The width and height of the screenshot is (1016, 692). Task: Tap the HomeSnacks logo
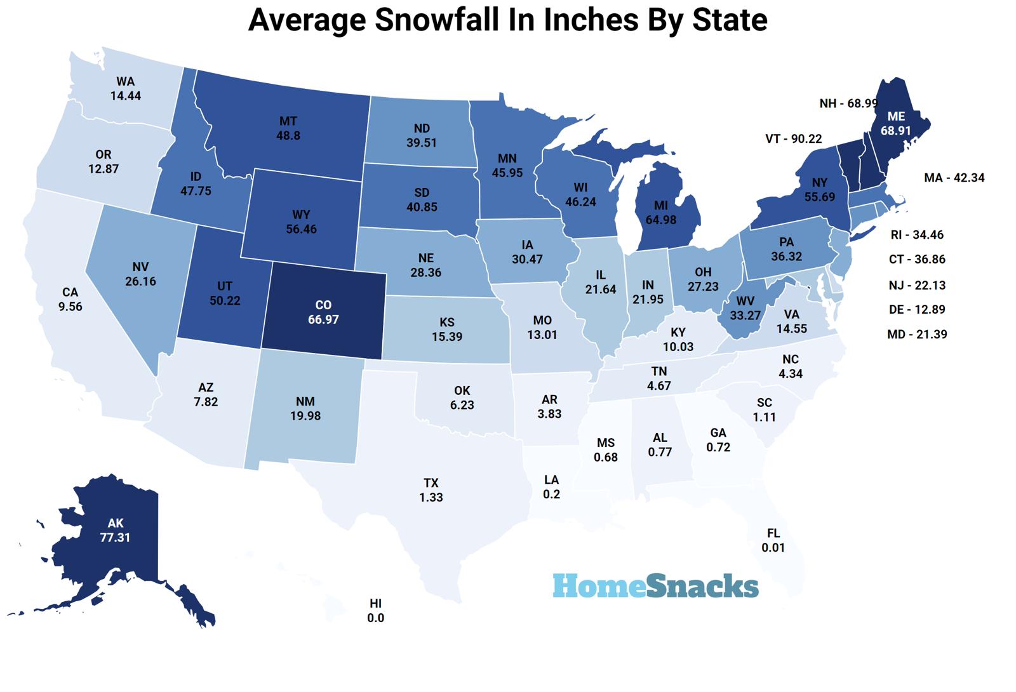pos(655,585)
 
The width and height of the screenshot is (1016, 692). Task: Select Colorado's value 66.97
pos(323,319)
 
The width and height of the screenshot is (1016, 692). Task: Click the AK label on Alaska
pos(115,523)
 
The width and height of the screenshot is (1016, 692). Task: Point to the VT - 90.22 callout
pos(793,138)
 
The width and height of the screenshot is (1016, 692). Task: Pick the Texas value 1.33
pos(431,497)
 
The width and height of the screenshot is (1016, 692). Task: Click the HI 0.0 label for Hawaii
pos(375,610)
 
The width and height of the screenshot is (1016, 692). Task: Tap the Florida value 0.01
pos(773,547)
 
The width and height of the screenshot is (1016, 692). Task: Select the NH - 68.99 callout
pos(848,103)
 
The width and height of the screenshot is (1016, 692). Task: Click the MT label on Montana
pos(288,121)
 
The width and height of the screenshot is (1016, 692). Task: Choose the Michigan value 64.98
pos(660,220)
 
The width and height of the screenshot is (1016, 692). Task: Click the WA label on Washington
pos(125,81)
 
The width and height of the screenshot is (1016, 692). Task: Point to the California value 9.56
pos(70,306)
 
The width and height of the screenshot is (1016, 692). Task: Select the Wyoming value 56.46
pos(301,229)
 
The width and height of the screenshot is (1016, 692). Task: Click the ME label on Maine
pos(895,116)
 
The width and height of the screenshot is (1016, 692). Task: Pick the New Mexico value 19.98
pos(305,416)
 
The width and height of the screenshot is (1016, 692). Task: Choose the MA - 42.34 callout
pos(954,178)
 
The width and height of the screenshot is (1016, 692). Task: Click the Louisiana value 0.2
pos(551,494)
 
